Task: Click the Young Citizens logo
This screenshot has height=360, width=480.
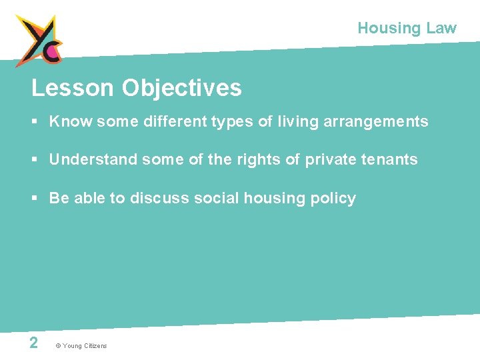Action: point(39,40)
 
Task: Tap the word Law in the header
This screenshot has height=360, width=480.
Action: point(441,28)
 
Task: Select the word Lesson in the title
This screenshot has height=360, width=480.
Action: point(73,88)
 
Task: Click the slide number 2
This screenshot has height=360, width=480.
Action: point(33,343)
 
